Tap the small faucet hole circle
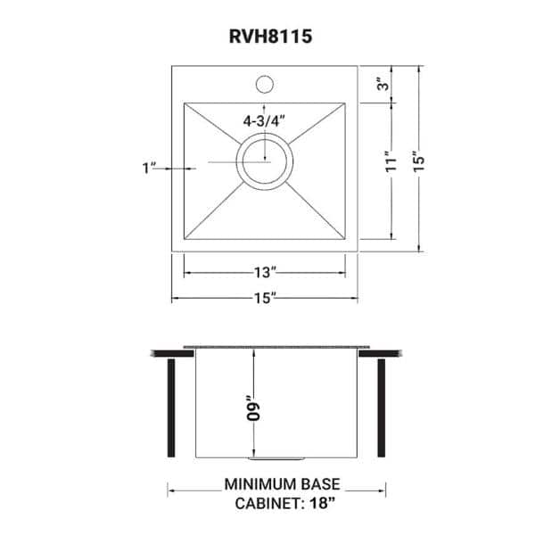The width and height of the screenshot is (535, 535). (x=264, y=86)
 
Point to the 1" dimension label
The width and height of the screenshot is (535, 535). (x=148, y=167)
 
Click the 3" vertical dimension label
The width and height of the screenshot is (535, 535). (x=382, y=85)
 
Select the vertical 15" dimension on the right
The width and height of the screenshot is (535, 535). (x=420, y=160)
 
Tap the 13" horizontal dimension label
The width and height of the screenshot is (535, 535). (x=264, y=270)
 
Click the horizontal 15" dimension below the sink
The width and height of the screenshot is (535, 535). (x=264, y=297)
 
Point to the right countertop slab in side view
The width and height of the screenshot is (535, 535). (x=381, y=352)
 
